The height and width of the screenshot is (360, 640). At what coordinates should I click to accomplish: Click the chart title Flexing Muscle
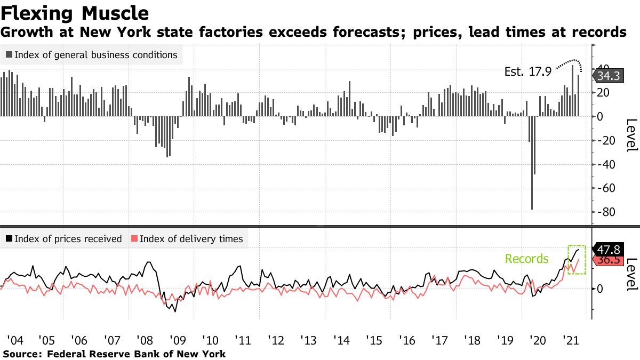coord(75,12)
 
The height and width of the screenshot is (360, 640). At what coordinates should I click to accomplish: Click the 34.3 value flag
coord(607,76)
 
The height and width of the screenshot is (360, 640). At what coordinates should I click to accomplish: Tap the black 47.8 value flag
coord(608,250)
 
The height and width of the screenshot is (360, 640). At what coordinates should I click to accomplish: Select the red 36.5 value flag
coord(608,260)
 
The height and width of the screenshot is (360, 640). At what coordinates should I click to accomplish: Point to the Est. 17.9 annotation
coord(527,71)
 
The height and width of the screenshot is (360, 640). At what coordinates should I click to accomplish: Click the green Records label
coord(526,259)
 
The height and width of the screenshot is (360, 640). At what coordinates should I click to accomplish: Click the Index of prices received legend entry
coord(63,239)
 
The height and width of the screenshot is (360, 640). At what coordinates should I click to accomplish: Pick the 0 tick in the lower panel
coord(600,289)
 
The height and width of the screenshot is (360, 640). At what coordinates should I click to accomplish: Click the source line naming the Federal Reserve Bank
coord(114,354)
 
